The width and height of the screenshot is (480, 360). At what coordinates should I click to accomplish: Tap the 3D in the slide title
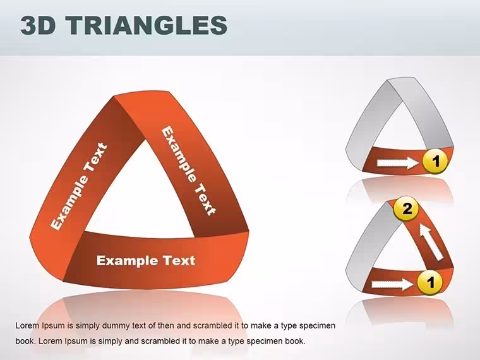pos(39,25)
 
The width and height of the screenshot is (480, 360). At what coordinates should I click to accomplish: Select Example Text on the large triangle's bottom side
pos(146,260)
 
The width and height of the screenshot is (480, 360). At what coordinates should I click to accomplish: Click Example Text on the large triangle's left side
pos(79,186)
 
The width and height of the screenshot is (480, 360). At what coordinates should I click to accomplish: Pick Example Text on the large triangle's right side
pos(189,171)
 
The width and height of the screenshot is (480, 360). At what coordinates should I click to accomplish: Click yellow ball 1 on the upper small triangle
pos(435,161)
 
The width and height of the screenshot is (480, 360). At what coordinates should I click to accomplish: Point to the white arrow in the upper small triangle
pos(397,162)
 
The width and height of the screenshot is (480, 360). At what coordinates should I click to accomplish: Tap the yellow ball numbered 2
pos(406,209)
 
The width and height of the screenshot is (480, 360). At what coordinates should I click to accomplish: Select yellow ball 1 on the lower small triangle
pos(430,282)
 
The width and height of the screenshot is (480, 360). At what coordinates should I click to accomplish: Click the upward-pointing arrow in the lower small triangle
pos(430,242)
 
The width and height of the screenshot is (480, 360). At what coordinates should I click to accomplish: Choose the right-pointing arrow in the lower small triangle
pos(392,284)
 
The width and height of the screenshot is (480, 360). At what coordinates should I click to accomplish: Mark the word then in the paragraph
pos(165,325)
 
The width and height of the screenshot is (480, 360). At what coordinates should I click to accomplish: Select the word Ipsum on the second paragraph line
pos(76,341)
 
